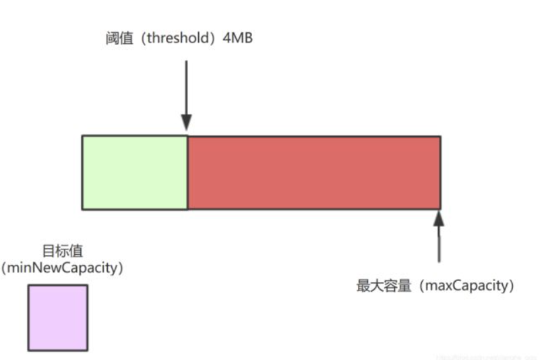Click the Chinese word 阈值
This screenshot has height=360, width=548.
tap(113, 39)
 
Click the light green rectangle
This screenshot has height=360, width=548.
tap(135, 172)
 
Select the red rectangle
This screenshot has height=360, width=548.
tap(313, 172)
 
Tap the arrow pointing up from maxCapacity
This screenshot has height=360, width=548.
tap(439, 239)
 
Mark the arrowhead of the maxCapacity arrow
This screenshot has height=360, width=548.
tap(439, 217)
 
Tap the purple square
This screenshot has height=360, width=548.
tap(57, 318)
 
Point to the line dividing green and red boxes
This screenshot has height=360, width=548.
tap(187, 172)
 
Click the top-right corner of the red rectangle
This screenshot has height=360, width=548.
tap(440, 136)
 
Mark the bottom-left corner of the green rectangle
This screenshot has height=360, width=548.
tap(82, 208)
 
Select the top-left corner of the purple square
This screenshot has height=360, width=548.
tap(28, 285)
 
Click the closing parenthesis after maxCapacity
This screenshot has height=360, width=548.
tap(512, 286)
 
